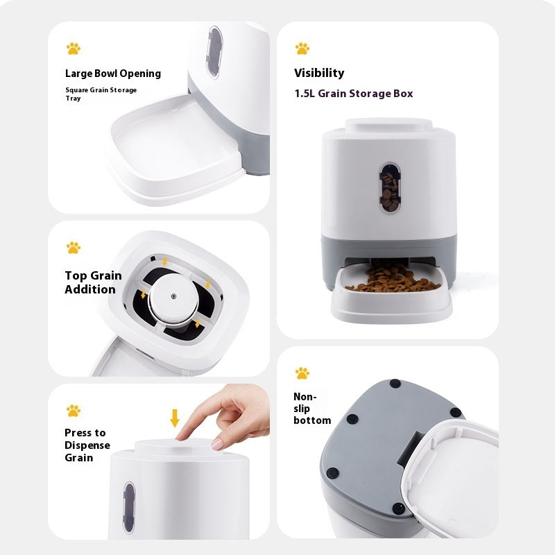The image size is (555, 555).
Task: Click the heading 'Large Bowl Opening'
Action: tap(112, 74)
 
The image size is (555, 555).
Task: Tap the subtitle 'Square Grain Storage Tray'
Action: tap(101, 94)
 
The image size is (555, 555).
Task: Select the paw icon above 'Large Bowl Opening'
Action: tap(74, 49)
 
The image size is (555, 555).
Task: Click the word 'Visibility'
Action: tap(318, 73)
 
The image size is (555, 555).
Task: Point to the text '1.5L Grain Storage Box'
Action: tap(353, 94)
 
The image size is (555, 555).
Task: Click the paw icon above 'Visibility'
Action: tap(302, 49)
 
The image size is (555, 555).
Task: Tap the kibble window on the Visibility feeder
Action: tap(389, 188)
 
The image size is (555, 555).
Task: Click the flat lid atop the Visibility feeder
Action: tap(388, 125)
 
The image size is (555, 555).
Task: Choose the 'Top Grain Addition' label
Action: tap(93, 282)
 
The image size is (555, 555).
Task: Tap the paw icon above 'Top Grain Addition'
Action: tap(74, 248)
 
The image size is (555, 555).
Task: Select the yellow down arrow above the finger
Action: tap(175, 418)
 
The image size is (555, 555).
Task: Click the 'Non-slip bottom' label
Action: tap(311, 409)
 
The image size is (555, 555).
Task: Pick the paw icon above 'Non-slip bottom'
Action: tap(302, 373)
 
